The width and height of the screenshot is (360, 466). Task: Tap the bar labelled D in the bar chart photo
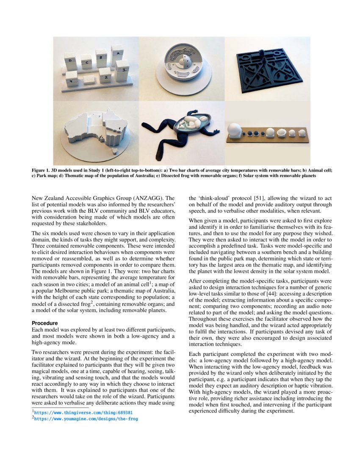(70, 63)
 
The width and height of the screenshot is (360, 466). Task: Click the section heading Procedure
(45, 323)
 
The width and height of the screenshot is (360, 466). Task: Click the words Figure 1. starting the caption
(42, 170)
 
